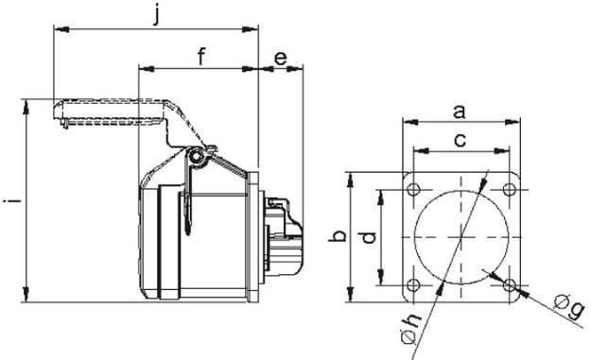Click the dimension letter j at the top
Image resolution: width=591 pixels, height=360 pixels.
pos(158,14)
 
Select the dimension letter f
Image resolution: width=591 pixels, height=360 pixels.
pos(201,56)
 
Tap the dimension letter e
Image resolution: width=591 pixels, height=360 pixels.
pos(281,58)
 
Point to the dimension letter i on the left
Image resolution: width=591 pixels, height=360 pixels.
pos(9,200)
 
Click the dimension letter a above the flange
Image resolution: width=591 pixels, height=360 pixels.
pos(460,111)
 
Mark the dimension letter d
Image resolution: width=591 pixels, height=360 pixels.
pos(370,237)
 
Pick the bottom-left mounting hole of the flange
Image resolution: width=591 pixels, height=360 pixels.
pos(413,284)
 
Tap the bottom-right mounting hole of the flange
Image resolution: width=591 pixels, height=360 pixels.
pos(509,284)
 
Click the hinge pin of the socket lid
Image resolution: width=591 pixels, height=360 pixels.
pos(196,157)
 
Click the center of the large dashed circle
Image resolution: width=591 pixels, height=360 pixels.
pos(461,236)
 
